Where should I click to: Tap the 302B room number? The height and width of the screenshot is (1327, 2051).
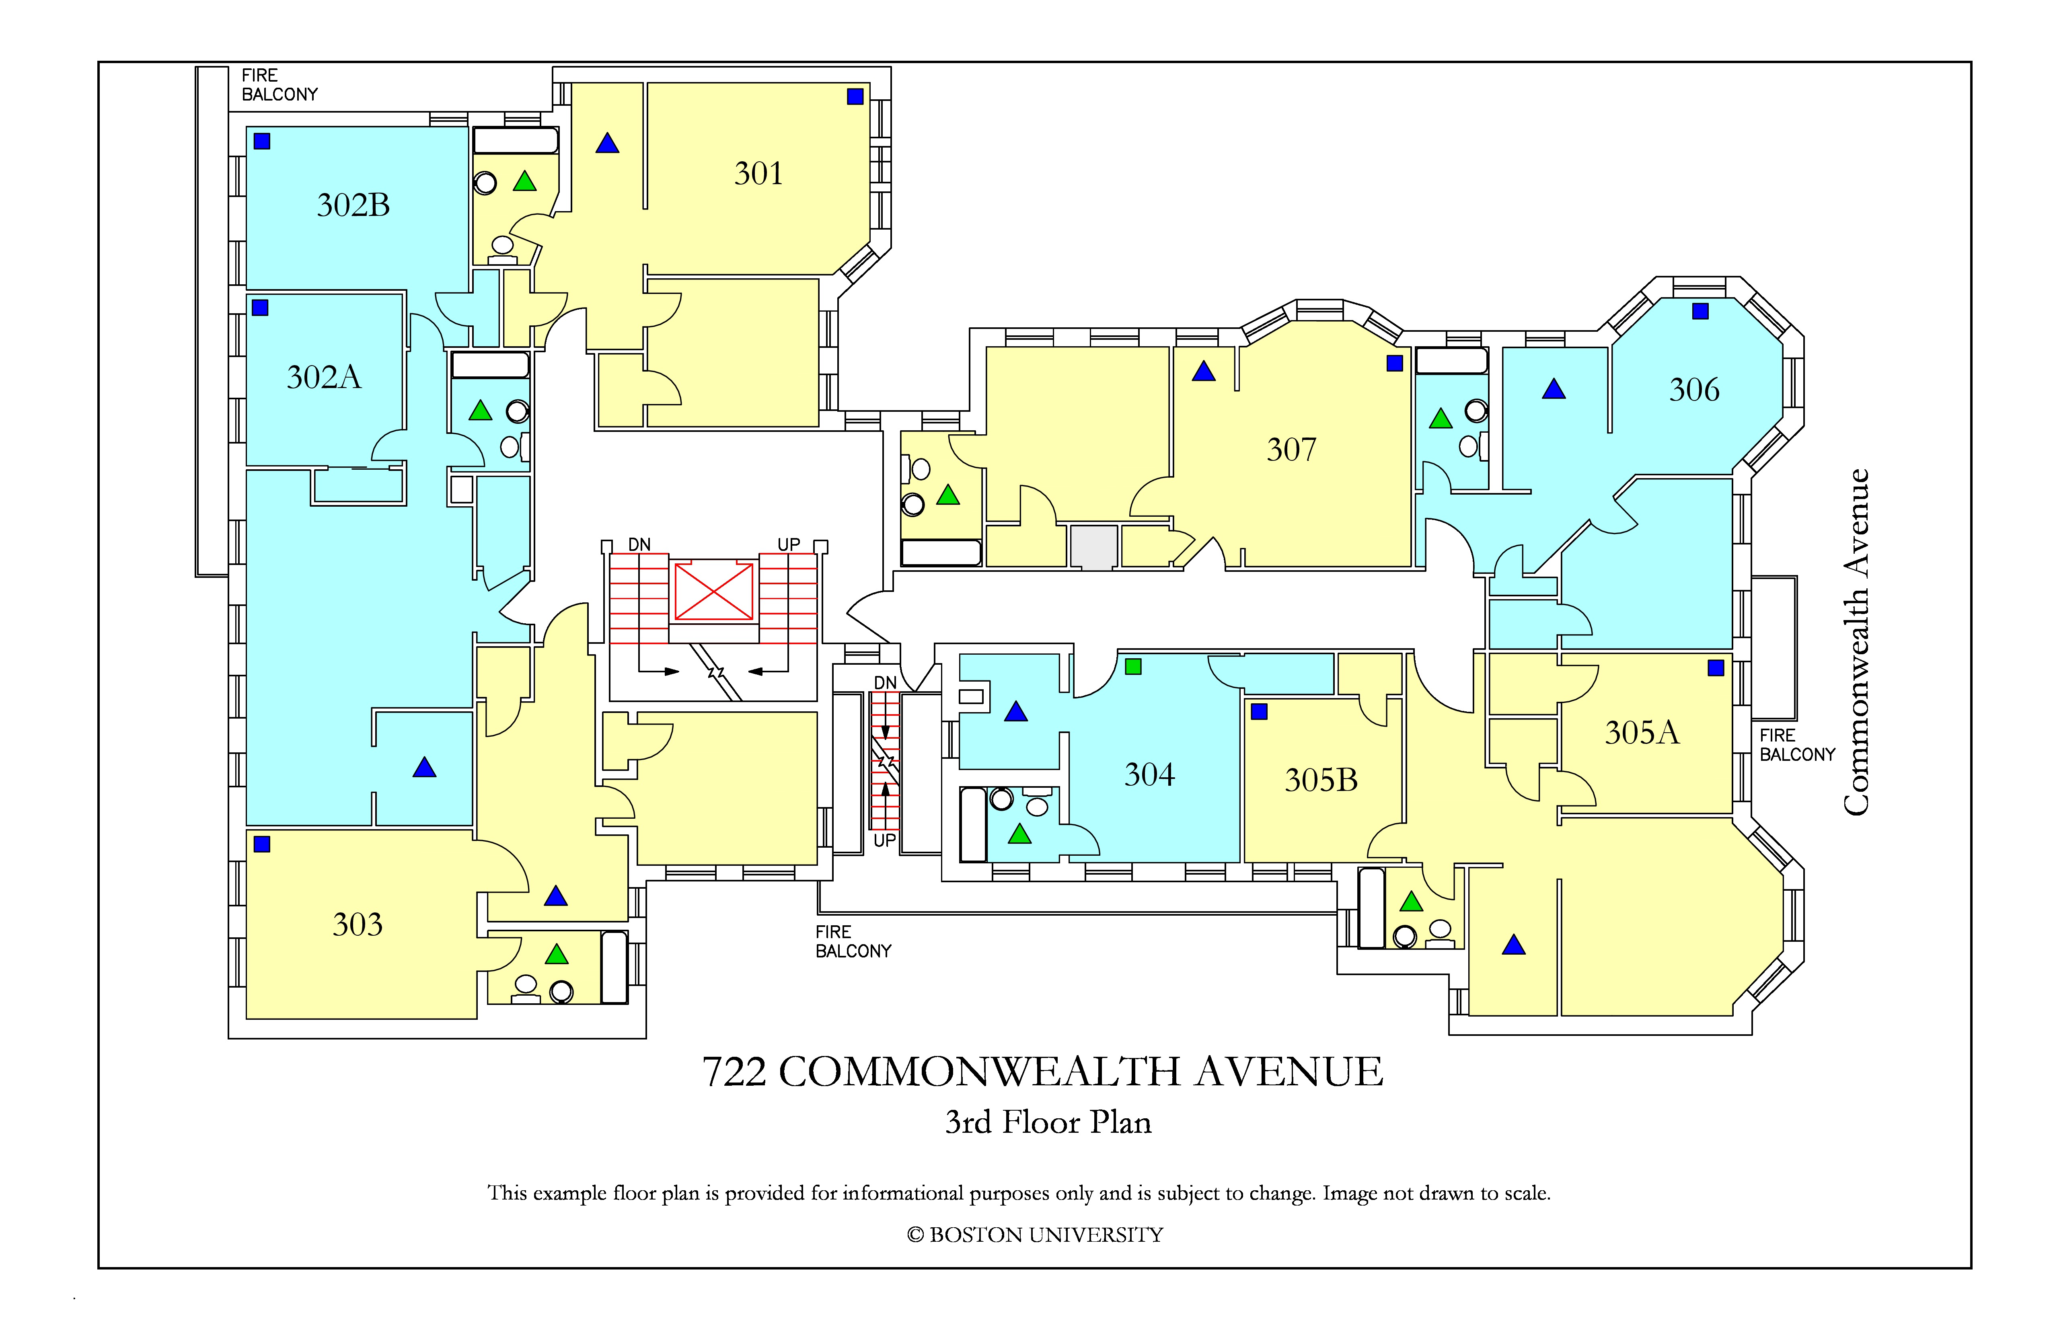point(353,205)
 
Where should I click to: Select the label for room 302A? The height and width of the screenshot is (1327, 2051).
point(324,378)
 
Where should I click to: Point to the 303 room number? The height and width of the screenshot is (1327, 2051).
point(358,924)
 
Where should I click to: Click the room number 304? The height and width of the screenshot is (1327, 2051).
point(1150,774)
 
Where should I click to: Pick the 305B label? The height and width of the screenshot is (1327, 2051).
point(1321,780)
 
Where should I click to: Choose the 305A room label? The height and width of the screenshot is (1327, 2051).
point(1642,732)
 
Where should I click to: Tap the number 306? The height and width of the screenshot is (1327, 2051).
point(1694,390)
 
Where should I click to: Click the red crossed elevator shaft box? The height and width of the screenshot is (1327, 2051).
point(713,591)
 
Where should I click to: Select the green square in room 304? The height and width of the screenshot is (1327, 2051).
point(1133,666)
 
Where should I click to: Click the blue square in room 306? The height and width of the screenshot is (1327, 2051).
point(1700,311)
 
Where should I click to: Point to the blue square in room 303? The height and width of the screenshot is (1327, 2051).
point(262,844)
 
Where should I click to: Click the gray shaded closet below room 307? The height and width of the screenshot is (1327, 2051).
point(1093,546)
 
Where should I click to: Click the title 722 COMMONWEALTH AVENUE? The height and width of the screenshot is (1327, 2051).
point(1043,1072)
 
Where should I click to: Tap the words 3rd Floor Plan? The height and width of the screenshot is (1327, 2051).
point(1048,1122)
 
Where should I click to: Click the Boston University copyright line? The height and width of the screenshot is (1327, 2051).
point(1035,1235)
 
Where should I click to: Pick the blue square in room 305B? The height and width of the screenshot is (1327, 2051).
point(1259,712)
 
